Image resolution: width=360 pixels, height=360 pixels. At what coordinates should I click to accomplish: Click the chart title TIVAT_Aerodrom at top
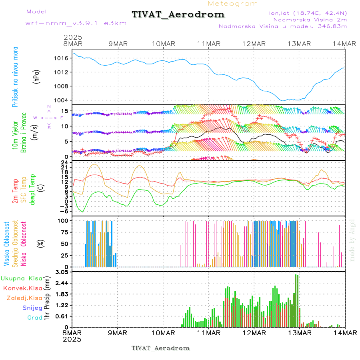coord(178,15)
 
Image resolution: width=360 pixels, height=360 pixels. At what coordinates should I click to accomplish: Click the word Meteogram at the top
coord(233,4)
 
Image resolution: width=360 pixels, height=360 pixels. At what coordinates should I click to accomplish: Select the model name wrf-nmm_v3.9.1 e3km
coord(64,23)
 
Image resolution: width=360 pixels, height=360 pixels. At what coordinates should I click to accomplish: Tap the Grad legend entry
coord(34,318)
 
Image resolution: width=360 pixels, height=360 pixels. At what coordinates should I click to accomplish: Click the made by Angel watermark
coord(352,239)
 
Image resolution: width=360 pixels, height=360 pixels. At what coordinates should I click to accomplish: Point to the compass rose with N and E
coord(49,118)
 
